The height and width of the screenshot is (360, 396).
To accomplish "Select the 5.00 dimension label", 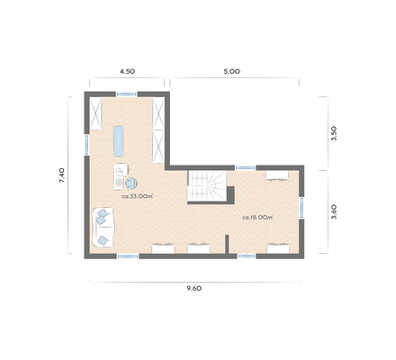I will (x=231, y=70).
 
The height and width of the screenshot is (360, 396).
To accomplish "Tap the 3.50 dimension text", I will (x=334, y=134).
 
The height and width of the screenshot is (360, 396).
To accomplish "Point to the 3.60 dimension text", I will (x=334, y=212).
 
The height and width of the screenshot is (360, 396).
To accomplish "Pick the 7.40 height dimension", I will (x=61, y=175).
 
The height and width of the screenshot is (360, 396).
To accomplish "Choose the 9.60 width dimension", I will (x=193, y=289).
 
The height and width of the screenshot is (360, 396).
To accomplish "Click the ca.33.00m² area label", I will (x=137, y=195).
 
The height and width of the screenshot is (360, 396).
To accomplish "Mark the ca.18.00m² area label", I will (x=257, y=216).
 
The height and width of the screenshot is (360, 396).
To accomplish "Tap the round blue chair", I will (x=131, y=179).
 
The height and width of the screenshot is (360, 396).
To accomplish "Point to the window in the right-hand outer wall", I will (x=303, y=206).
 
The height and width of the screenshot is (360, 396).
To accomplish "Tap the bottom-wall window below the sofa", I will (x=127, y=256).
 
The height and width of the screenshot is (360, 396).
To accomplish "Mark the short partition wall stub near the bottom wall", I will (x=228, y=244).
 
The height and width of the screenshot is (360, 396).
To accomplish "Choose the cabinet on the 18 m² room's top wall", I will (x=274, y=175).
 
